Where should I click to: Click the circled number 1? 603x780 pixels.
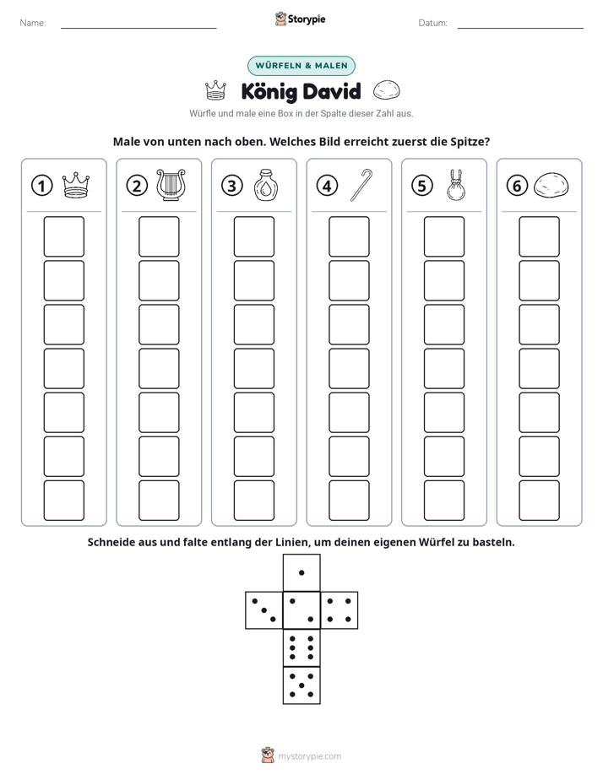(41, 186)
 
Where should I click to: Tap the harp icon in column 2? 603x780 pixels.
(171, 185)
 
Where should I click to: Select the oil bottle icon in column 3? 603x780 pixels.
(266, 185)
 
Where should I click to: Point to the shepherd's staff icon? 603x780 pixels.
(361, 185)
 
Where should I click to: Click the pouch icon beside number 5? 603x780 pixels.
(456, 185)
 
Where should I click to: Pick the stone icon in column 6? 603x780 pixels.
(551, 186)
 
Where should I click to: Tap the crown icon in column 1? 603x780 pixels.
(76, 186)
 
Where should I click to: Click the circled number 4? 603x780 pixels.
(327, 186)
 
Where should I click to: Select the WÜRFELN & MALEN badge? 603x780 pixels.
(301, 66)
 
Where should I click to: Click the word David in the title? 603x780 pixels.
(331, 91)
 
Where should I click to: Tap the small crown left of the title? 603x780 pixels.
(215, 90)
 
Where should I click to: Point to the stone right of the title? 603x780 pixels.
(386, 90)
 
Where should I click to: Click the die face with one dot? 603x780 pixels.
(301, 572)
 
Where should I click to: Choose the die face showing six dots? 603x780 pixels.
(301, 647)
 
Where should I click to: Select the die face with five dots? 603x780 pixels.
(301, 685)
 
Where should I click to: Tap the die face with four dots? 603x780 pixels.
(340, 610)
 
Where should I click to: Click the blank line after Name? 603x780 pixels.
(139, 28)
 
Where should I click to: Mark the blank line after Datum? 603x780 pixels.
(520, 28)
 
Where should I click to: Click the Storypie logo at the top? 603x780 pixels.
(301, 19)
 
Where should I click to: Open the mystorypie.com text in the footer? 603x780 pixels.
(309, 756)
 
